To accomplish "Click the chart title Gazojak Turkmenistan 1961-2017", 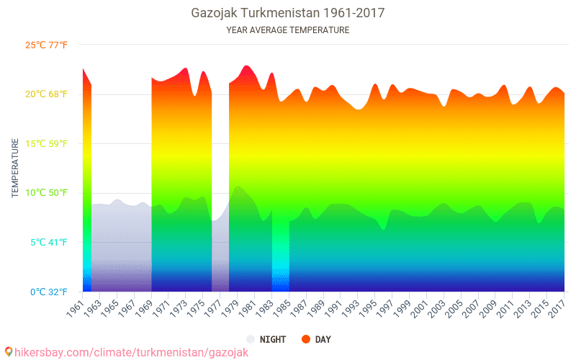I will tap(287, 13).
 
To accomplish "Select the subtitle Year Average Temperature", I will tap(287, 30).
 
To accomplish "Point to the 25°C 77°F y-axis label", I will tap(47, 45).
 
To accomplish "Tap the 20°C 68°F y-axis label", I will tap(47, 94).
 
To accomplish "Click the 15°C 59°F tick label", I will tap(47, 144).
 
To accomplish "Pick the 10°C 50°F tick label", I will tap(47, 193).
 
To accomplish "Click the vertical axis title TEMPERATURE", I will tap(15, 168).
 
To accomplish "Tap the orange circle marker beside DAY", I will tap(306, 339).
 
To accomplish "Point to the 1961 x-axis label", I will tap(75, 306).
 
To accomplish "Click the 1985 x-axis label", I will tap(282, 306).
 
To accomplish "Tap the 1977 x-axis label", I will tap(212, 306).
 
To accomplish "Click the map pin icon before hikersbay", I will tap(8, 352).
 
